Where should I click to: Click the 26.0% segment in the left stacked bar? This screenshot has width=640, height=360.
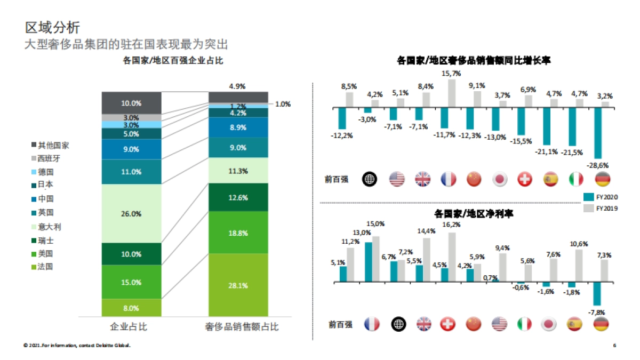point(131,213)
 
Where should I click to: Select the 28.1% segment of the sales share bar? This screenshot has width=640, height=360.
point(238,285)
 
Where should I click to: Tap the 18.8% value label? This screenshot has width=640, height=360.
point(238,233)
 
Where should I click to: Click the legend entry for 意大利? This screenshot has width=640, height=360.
point(52,227)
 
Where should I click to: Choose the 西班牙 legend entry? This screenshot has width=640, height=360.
point(52,158)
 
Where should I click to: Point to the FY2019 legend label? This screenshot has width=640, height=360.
point(606,209)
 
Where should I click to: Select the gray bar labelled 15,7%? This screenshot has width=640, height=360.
point(452,93)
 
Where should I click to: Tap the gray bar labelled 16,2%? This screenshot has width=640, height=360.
point(452,257)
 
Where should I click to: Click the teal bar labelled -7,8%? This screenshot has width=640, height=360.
point(597,293)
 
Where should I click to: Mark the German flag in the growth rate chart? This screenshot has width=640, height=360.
point(602,179)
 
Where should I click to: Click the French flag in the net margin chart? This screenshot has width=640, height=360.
point(371,324)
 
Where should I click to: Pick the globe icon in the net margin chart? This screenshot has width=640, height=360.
point(397,324)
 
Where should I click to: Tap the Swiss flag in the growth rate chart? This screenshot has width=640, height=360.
point(525,179)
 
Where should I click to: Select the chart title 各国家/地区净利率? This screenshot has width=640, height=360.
point(470,214)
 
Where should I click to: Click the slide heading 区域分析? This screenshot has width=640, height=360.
point(53,27)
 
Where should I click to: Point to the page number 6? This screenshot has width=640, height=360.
point(614,346)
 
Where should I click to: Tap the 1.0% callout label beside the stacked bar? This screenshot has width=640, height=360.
point(283,105)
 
